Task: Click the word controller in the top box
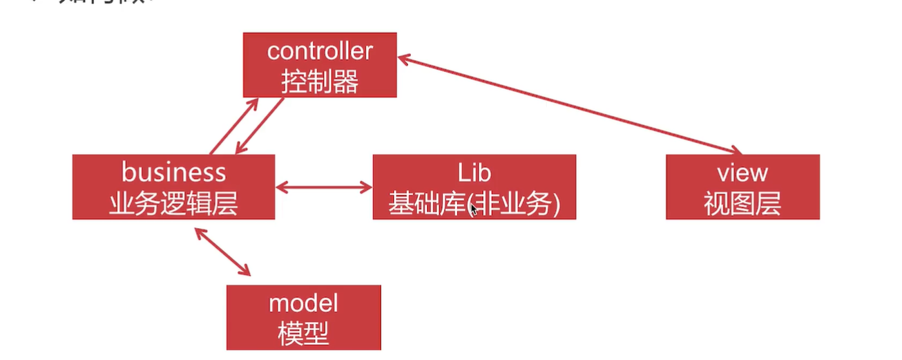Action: click(x=320, y=51)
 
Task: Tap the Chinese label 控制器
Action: click(x=320, y=82)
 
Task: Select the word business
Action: click(x=173, y=171)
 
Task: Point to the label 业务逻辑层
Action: click(x=173, y=203)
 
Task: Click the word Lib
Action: click(x=474, y=172)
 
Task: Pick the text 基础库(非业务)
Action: click(x=474, y=204)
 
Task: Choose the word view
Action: click(x=742, y=172)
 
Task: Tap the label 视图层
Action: click(x=742, y=204)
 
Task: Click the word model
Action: click(x=303, y=303)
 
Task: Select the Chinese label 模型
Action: click(x=303, y=334)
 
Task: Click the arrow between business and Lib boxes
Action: click(x=324, y=187)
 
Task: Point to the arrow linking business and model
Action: click(x=222, y=252)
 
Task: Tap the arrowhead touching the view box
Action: click(x=737, y=151)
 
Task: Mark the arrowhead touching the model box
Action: click(x=246, y=272)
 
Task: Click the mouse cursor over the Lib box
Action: click(x=473, y=209)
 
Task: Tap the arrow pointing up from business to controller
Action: click(x=233, y=126)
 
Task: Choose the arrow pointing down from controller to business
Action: click(x=260, y=126)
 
